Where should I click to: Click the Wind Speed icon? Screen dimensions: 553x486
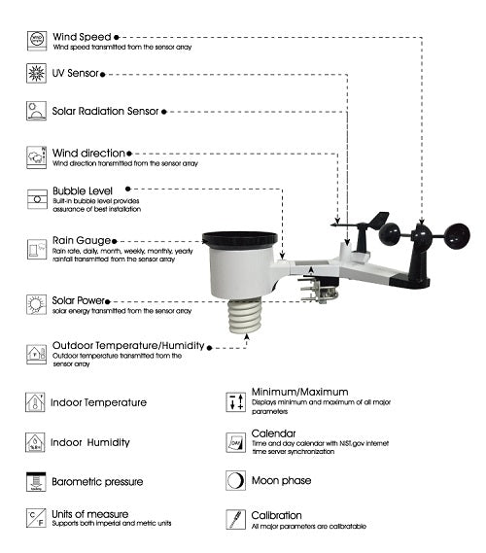(37, 38)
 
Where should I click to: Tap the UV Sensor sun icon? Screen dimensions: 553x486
(37, 74)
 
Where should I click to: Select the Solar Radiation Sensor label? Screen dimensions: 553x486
(105, 111)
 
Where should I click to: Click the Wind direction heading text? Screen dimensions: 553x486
(88, 153)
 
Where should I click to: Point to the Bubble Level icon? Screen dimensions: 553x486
(37, 197)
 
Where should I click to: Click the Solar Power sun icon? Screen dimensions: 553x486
(37, 303)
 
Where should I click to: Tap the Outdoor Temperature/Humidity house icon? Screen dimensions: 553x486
(37, 354)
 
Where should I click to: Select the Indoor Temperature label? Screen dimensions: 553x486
(99, 402)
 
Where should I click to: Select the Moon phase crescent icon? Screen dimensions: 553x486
(235, 480)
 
